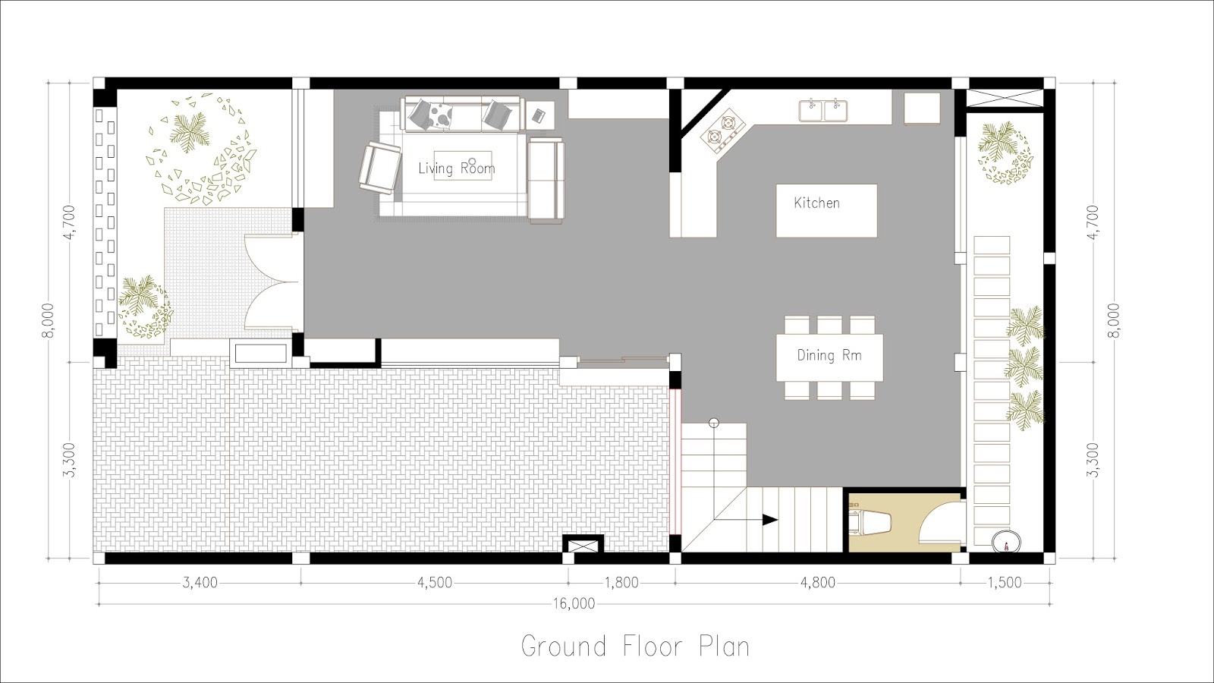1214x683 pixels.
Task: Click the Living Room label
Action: pos(456,168)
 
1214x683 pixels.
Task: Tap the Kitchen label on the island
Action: pos(816,203)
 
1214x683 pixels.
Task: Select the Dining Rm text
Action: pos(829,355)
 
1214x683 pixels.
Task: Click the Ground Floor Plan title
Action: pos(635,647)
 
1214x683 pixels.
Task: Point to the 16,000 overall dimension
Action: pos(574,604)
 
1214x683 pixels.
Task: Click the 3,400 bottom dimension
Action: pos(200,583)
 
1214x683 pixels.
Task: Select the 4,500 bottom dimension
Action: pos(434,583)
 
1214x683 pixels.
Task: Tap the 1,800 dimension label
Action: pos(621,583)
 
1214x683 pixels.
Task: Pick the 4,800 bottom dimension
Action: pos(817,583)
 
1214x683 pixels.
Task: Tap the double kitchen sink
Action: pos(823,110)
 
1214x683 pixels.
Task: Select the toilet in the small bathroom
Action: pos(870,523)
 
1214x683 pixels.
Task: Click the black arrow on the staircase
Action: pos(769,520)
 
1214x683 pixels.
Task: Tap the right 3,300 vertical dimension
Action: pos(1093,460)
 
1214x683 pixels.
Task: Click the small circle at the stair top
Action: pos(713,423)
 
